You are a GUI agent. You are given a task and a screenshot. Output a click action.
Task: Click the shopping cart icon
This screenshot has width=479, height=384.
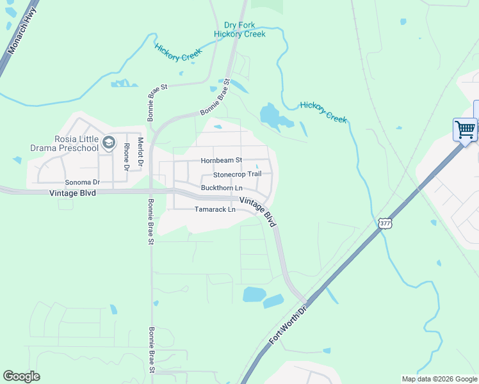coord(465,129)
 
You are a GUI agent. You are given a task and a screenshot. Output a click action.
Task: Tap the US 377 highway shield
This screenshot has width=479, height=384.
coord(384,223)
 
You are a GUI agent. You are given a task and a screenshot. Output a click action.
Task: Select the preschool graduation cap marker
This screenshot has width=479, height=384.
coord(109,141)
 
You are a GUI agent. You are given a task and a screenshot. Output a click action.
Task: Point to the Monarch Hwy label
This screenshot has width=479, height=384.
coord(21,36)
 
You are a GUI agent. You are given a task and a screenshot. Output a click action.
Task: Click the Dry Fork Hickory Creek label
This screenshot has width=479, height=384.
coord(239,29)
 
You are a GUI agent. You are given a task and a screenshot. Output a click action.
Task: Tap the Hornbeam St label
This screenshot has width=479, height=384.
coord(221,160)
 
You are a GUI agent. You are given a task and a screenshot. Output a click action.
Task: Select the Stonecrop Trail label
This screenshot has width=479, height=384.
coord(238,174)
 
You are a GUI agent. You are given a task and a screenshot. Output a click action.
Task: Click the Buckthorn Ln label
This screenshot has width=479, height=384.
coord(222,188)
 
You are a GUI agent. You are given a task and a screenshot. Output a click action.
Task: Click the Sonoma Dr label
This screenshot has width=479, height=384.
coord(83,182)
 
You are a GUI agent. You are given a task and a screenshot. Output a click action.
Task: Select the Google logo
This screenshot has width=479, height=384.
coord(21,376)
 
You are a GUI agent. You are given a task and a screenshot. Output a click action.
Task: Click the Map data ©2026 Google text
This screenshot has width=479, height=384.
coord(439,379)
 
